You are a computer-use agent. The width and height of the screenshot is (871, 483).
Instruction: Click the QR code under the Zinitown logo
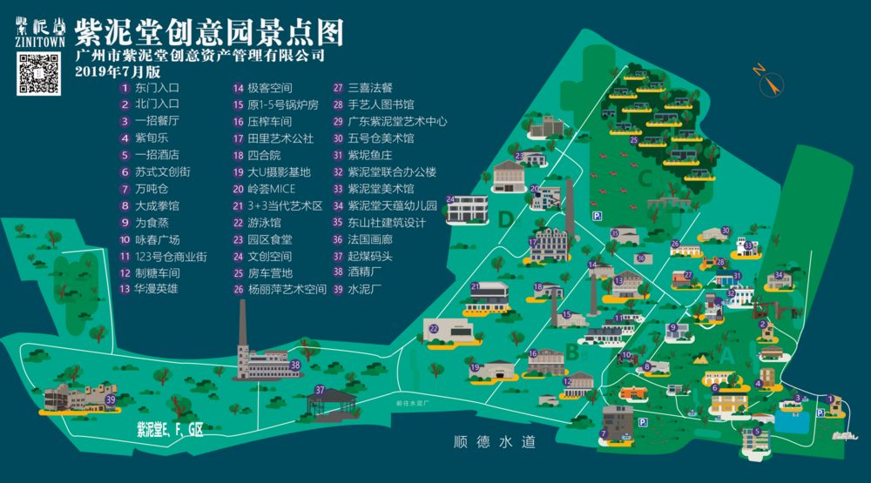pyautogui.click(x=39, y=73)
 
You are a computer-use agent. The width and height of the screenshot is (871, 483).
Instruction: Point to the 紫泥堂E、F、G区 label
pyautogui.click(x=169, y=429)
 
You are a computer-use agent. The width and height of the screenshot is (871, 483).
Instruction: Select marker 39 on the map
pyautogui.click(x=111, y=399)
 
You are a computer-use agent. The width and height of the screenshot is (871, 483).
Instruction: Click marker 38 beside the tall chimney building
pyautogui.click(x=295, y=365)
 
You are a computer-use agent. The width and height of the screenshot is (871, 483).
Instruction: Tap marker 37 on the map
pyautogui.click(x=321, y=390)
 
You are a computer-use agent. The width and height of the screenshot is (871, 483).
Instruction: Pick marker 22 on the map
pyautogui.click(x=433, y=327)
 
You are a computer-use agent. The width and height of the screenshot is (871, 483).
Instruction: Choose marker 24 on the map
pyautogui.click(x=450, y=199)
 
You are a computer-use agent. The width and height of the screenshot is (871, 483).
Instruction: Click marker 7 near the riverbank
pyautogui.click(x=604, y=433)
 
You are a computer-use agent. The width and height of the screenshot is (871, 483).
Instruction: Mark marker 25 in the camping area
pyautogui.click(x=634, y=139)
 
